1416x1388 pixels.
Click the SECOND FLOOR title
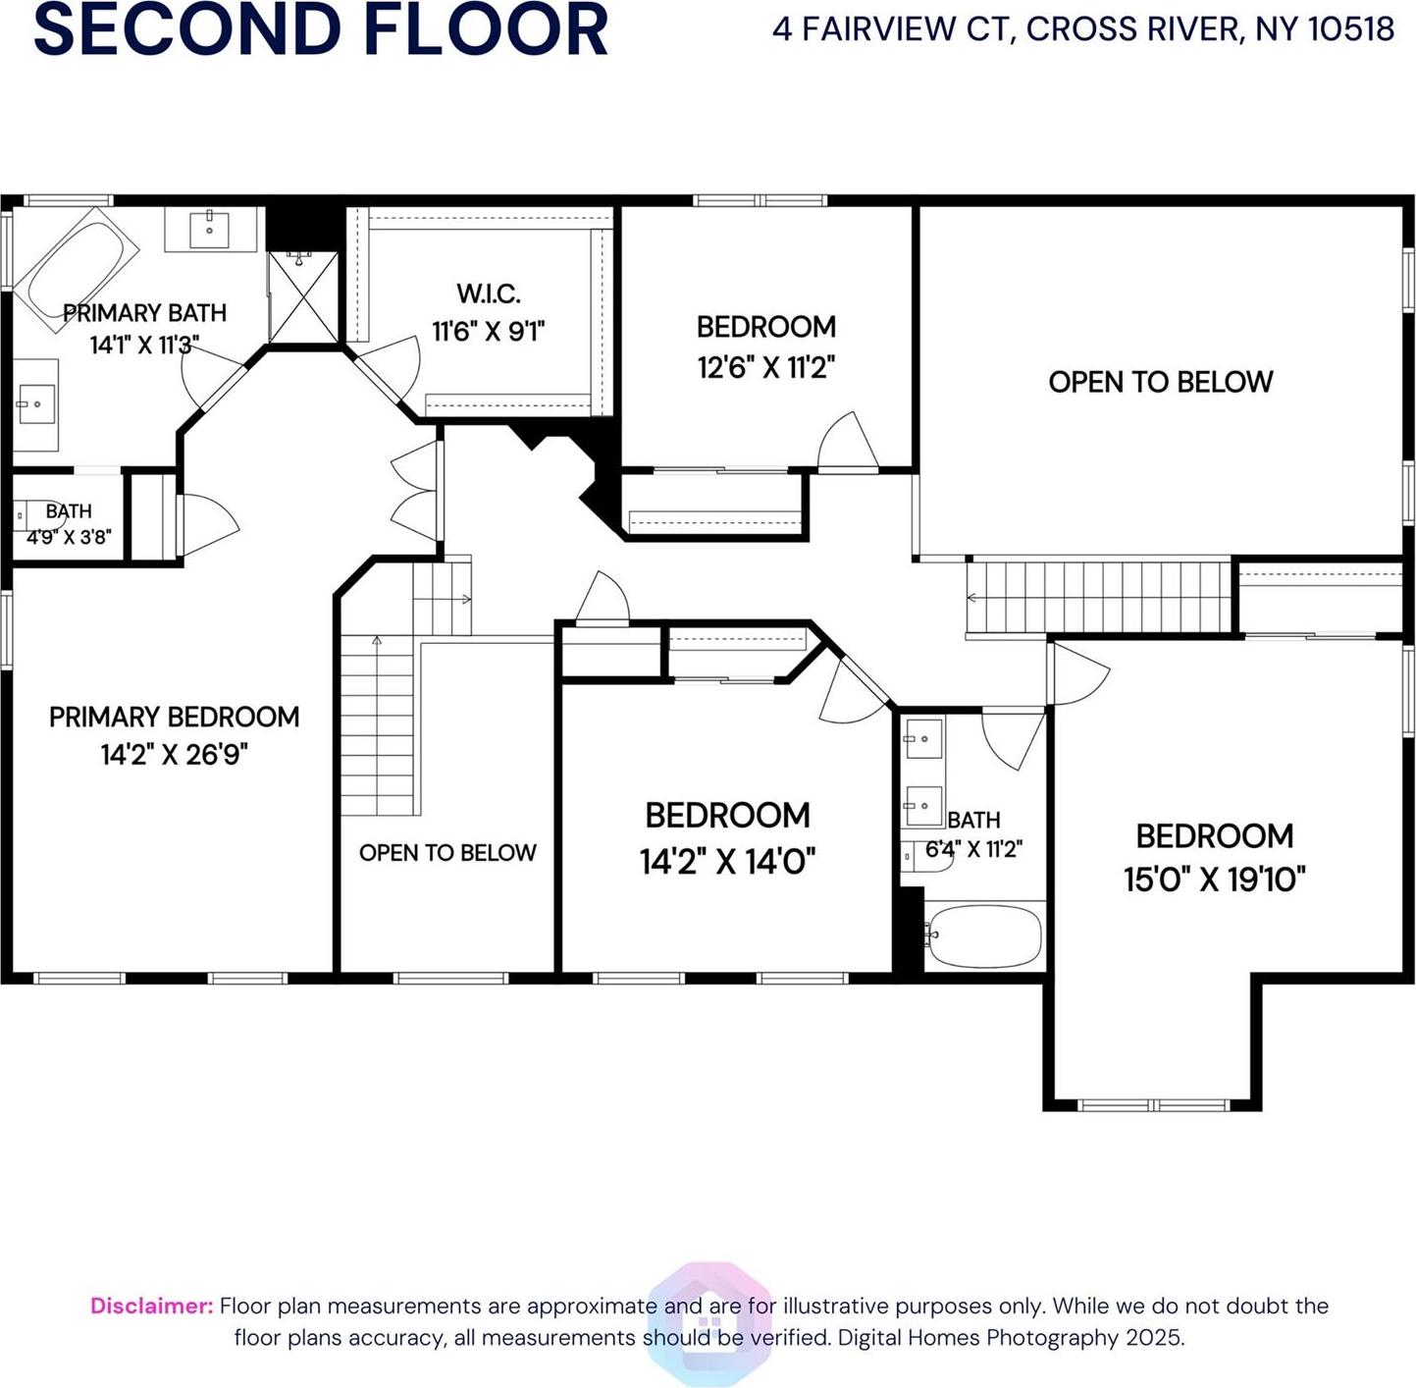(x=321, y=29)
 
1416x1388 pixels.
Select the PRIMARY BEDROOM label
(x=174, y=717)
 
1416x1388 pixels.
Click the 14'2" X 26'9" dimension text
(x=174, y=755)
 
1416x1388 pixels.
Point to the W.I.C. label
(x=488, y=294)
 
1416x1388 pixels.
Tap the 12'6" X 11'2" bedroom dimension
(x=765, y=368)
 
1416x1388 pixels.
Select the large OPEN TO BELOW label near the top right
(x=1160, y=382)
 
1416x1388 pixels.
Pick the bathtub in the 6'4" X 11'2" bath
(x=983, y=935)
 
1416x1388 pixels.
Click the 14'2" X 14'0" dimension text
(x=727, y=862)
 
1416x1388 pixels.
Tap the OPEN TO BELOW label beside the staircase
(x=447, y=853)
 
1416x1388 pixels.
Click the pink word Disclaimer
(x=151, y=1306)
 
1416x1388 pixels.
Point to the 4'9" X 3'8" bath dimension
(x=69, y=538)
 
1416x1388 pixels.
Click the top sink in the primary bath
(x=210, y=229)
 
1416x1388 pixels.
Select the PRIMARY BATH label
(x=144, y=313)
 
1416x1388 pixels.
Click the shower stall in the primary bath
(x=303, y=297)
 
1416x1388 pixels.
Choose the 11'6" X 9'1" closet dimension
(x=488, y=332)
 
